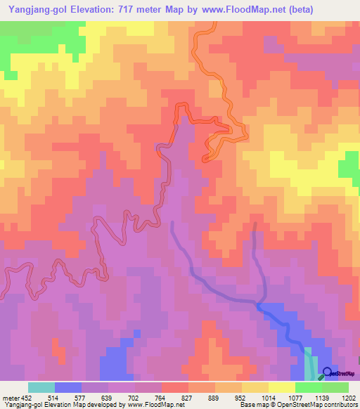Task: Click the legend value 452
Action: coord(26,397)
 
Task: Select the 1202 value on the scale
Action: coord(347,397)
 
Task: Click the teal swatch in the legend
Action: coord(41,387)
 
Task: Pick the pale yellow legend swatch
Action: coord(281,387)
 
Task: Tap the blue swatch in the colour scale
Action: coord(67,387)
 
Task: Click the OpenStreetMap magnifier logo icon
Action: coord(327,372)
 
